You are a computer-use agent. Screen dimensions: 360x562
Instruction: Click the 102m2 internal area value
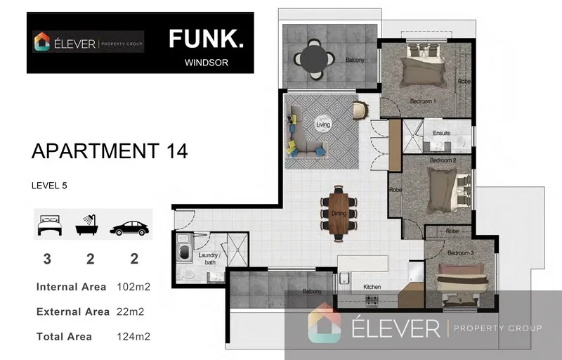click(133, 287)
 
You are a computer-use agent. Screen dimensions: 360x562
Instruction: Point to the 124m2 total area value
click(133, 337)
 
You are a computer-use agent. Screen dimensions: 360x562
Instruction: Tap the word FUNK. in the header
click(206, 39)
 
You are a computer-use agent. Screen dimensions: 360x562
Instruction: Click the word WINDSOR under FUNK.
click(206, 62)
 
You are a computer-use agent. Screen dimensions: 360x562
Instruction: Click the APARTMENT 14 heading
click(110, 151)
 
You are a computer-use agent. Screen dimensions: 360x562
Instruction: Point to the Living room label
click(323, 124)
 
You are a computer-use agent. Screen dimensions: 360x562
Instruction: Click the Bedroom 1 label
click(423, 101)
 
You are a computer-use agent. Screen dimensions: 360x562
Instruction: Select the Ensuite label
click(441, 132)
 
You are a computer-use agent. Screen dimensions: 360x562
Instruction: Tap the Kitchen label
click(371, 287)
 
